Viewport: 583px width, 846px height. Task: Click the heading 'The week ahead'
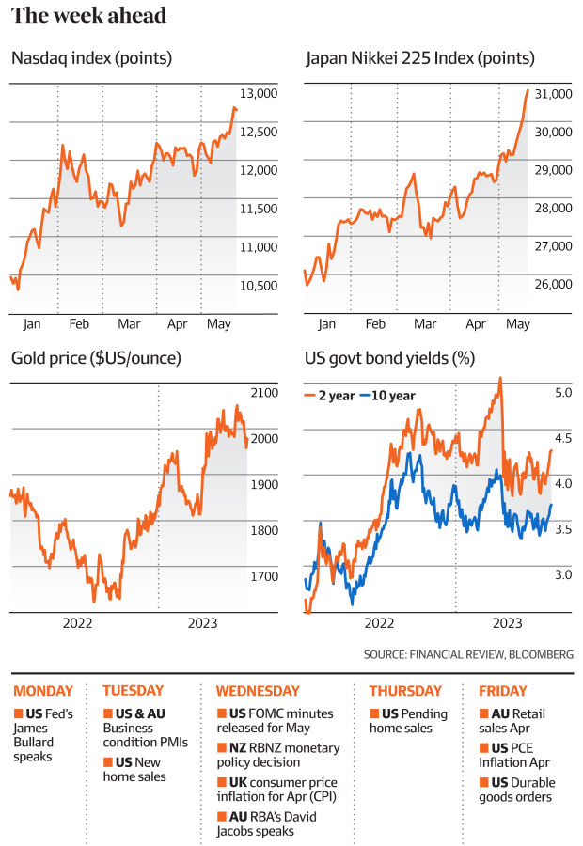(x=89, y=16)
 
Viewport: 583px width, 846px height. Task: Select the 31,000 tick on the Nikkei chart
(x=553, y=94)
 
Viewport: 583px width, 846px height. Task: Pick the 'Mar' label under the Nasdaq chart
(x=129, y=324)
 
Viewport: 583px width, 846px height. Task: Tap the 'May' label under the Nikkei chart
(x=518, y=324)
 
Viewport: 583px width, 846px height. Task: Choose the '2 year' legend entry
(x=330, y=396)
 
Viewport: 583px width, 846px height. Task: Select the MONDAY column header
(x=43, y=691)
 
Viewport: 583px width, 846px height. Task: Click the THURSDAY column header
(x=405, y=691)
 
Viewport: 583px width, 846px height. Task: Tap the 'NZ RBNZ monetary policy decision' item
(x=277, y=754)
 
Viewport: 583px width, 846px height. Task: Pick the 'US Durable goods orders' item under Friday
(x=520, y=790)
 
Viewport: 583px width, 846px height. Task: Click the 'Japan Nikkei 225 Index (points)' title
(x=420, y=59)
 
